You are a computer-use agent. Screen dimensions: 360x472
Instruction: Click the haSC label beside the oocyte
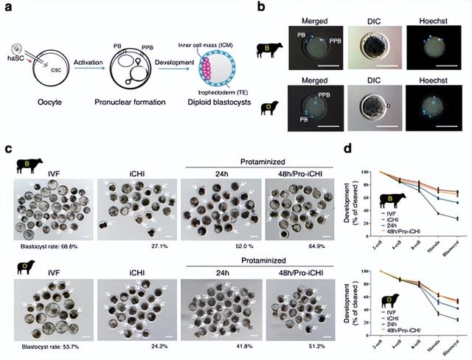click(10, 57)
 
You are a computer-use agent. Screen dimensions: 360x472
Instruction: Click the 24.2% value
click(132, 345)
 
